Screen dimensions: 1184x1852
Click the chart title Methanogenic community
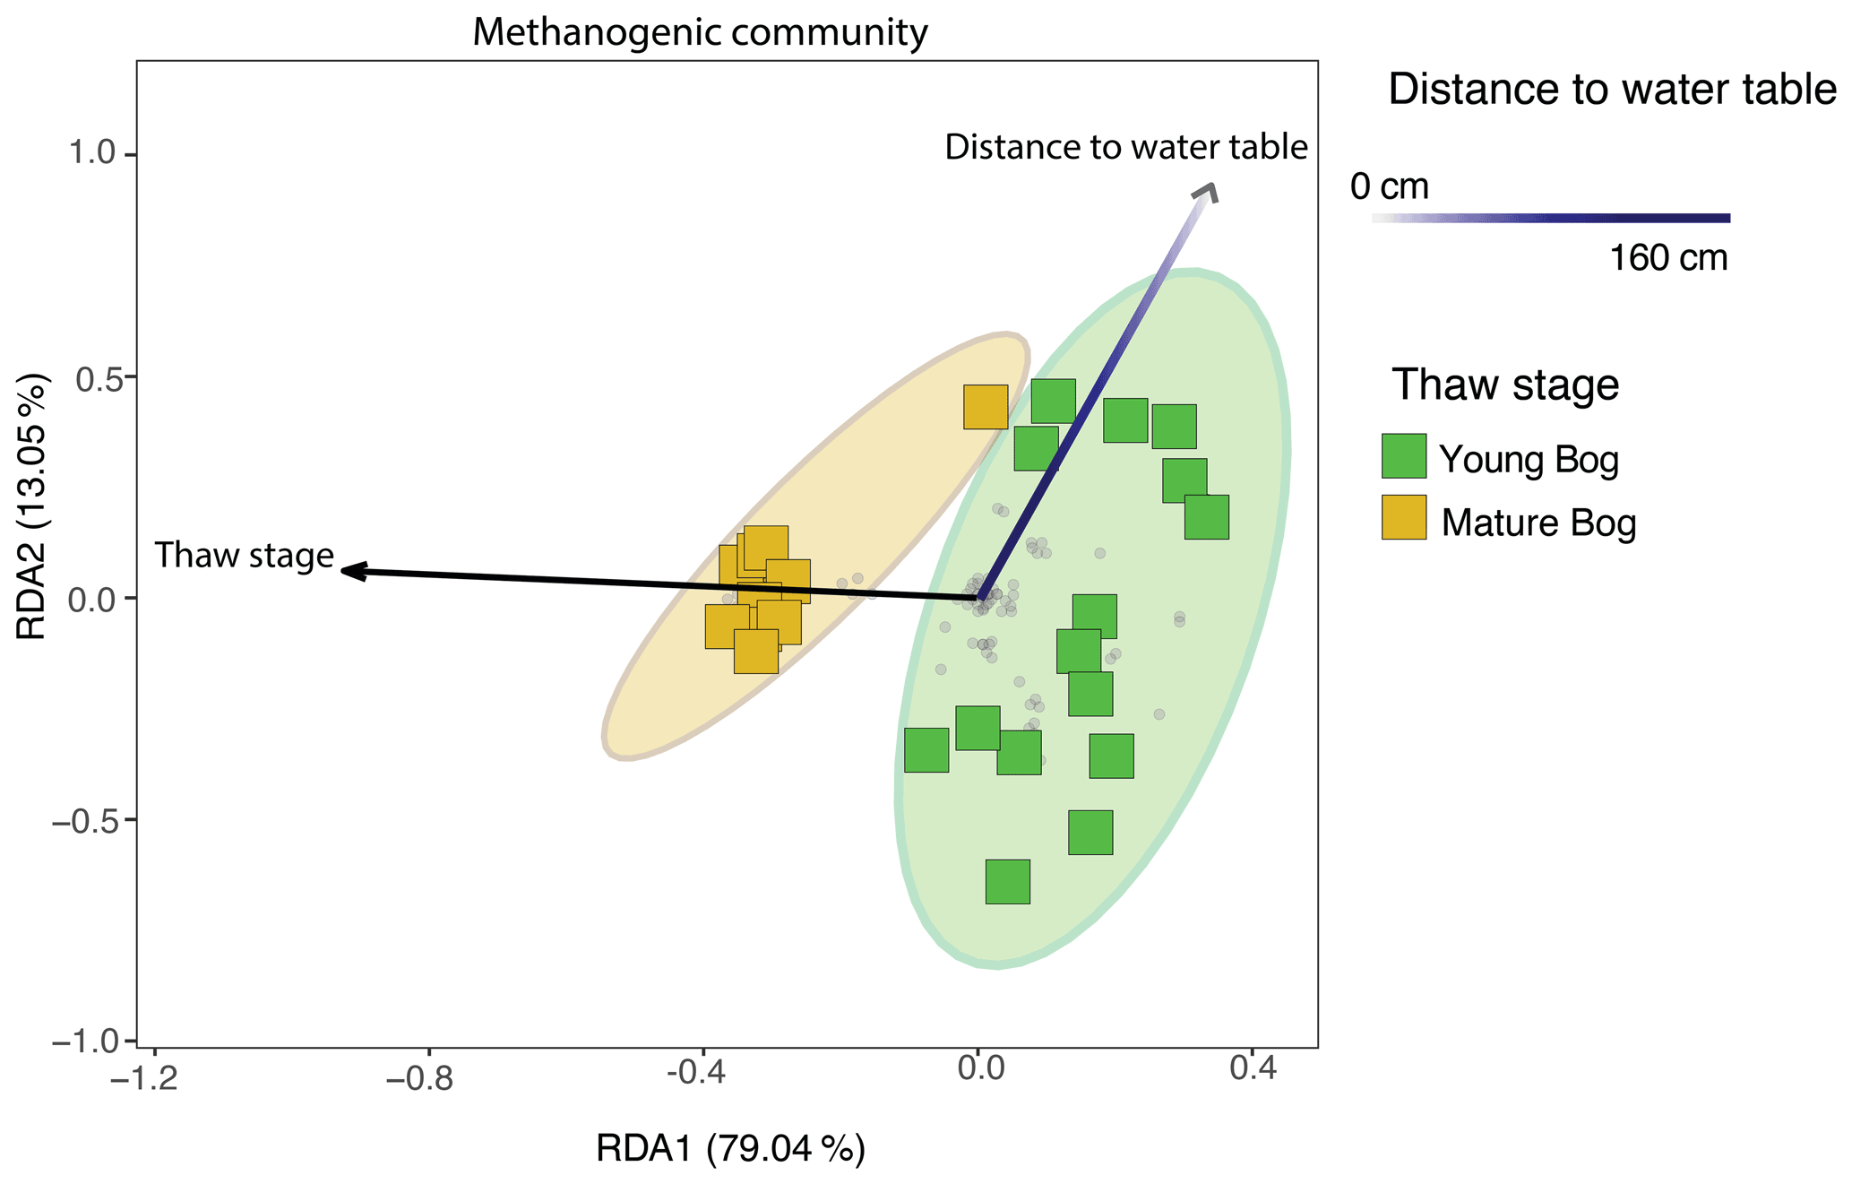[700, 33]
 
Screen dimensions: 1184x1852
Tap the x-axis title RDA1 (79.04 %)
[730, 1149]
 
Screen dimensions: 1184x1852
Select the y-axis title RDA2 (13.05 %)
[32, 507]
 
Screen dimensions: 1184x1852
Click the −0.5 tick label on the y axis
[85, 820]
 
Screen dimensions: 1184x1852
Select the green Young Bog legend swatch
[1403, 456]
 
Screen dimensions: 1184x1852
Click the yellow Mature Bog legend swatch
[1403, 517]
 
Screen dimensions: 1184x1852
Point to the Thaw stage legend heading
[1505, 385]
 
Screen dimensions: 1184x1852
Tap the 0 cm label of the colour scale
[1389, 187]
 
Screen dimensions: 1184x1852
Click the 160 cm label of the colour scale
[1667, 259]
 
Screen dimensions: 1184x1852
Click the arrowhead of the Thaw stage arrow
[348, 570]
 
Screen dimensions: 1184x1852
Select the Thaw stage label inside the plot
[245, 556]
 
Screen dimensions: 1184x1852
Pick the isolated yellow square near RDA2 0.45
[986, 407]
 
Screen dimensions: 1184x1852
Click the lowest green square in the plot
[1007, 881]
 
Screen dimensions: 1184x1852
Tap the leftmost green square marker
[926, 750]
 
